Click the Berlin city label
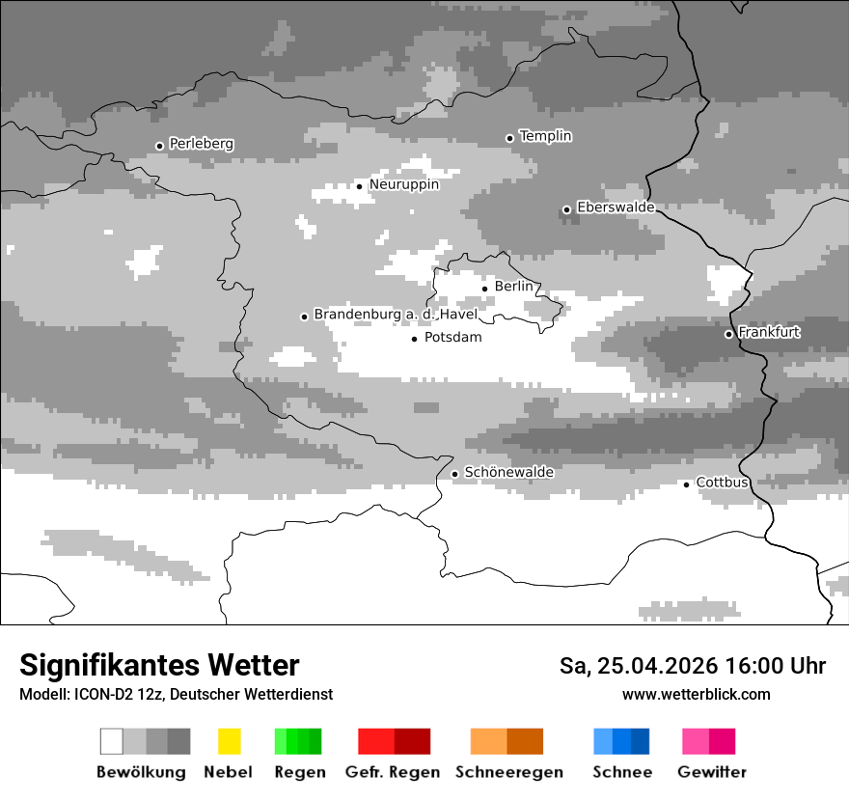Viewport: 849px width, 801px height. point(513,287)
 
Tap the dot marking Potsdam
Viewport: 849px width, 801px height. point(415,339)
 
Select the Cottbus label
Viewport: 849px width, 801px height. point(723,483)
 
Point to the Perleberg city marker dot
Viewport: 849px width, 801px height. point(159,147)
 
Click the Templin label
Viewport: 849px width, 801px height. point(545,136)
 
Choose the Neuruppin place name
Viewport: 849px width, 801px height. point(403,184)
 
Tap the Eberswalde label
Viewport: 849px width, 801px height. point(616,207)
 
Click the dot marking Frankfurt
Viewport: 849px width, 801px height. point(729,334)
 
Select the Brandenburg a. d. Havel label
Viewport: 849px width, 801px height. point(396,315)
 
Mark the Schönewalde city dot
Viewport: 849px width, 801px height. point(455,474)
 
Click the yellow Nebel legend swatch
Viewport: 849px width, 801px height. point(229,741)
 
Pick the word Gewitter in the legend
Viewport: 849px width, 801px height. point(711,772)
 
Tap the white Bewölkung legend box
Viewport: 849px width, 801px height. point(112,741)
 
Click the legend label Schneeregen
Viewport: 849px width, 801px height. point(508,772)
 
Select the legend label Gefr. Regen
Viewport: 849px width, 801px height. point(392,772)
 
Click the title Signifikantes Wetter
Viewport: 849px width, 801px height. point(159,666)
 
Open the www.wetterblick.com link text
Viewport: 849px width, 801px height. point(696,695)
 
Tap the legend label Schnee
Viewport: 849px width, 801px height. point(622,772)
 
